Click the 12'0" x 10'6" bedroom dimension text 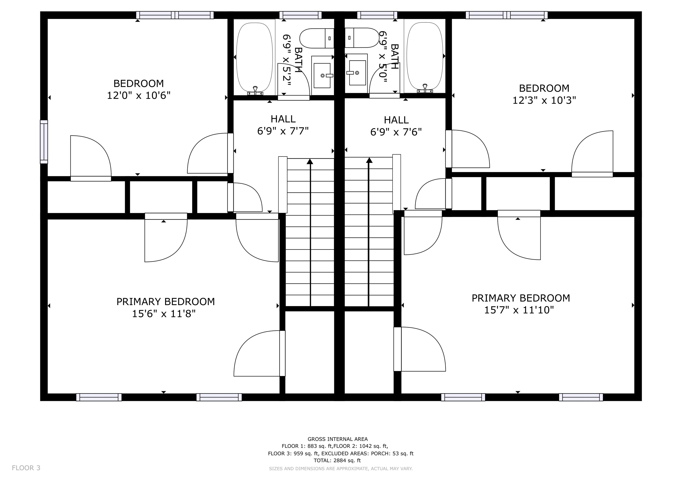coord(139,96)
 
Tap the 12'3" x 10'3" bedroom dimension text coord(544,100)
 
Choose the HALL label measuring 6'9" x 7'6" coord(396,120)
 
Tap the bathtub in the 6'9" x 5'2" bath coord(255,57)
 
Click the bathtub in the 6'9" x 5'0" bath coord(425,57)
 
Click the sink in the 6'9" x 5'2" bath coord(322,75)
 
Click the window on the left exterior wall coord(44,142)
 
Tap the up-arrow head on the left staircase coord(310,161)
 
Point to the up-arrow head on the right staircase coord(369,160)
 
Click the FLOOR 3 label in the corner coord(26,468)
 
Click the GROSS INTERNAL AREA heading coord(338,439)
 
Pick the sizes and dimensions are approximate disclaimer coord(341,469)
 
